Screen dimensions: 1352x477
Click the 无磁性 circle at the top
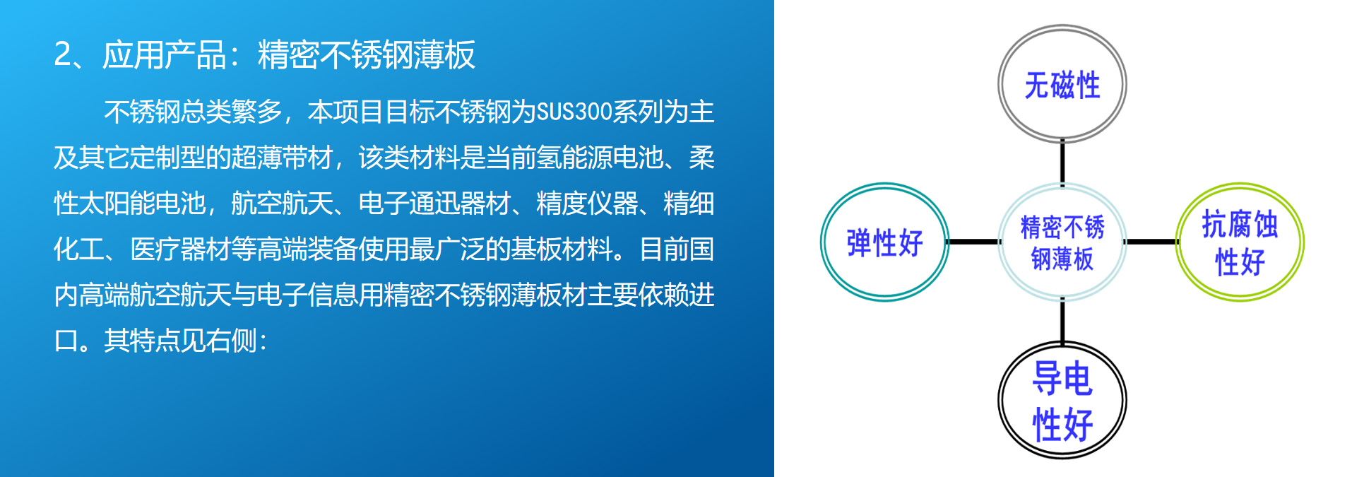(x=1062, y=28)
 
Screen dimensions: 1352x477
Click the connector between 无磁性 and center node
(x=1062, y=163)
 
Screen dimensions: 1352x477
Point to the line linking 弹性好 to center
(x=973, y=242)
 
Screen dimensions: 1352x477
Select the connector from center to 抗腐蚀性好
(x=1151, y=242)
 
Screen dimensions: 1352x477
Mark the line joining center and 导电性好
(x=1062, y=322)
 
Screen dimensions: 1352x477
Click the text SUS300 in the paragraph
(x=574, y=112)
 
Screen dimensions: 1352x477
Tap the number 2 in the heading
(x=62, y=54)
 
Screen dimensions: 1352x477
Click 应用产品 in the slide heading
(x=164, y=54)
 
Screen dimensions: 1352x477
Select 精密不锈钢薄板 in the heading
(x=367, y=54)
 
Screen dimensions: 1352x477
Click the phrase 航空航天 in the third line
(x=282, y=204)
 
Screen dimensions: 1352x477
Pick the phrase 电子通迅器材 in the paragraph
(x=434, y=204)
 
